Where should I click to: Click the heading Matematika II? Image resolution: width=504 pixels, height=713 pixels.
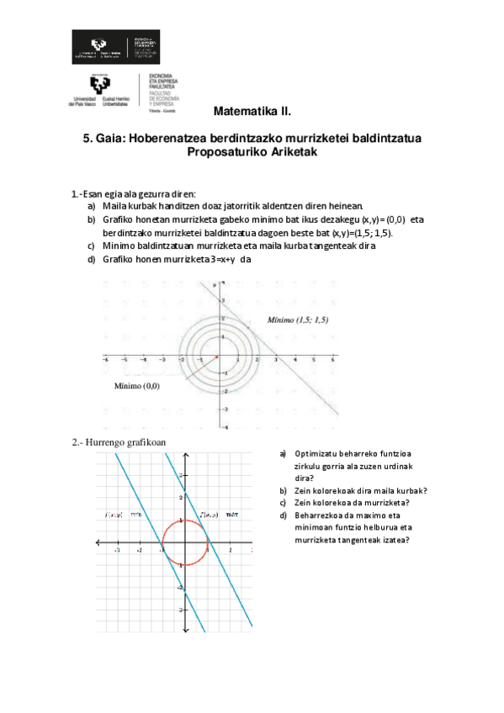point(252,111)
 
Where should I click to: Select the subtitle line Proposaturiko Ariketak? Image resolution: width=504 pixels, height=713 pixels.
point(252,152)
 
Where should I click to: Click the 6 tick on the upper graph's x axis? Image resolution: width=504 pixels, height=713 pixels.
point(332,360)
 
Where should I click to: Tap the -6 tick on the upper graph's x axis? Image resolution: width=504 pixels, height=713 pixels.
point(105,360)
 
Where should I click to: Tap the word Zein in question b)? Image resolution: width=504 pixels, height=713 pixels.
point(303,491)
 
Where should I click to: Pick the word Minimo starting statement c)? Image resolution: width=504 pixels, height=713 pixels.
point(117,246)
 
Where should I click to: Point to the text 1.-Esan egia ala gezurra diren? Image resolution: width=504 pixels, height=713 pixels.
point(134,194)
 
